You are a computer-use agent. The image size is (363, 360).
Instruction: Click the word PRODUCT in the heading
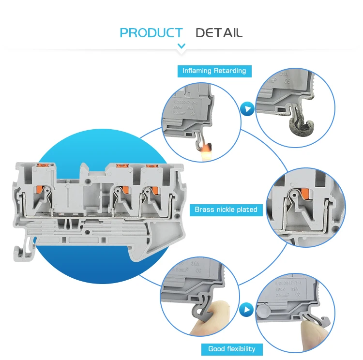(x=151, y=33)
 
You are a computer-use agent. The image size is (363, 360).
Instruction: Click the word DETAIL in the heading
(x=219, y=33)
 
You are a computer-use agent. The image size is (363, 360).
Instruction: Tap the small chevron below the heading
(x=181, y=46)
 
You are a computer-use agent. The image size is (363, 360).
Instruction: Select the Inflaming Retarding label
(x=214, y=71)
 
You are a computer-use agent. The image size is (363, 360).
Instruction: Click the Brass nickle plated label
(x=226, y=210)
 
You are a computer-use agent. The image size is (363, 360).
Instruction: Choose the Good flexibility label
(x=231, y=348)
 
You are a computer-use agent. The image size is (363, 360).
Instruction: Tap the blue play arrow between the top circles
(x=248, y=110)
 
